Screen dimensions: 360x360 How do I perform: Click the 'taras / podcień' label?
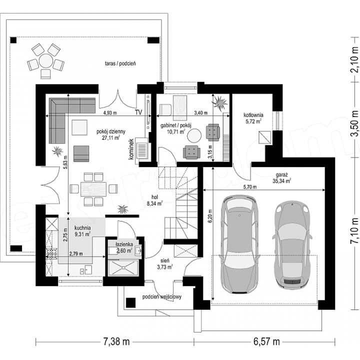click(120, 63)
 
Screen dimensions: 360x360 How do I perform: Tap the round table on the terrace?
click(45, 60)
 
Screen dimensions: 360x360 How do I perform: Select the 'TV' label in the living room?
click(138, 112)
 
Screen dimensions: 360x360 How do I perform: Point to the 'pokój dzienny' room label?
click(111, 131)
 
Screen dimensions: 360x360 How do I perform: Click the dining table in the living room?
click(93, 189)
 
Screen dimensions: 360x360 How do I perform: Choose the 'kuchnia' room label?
click(82, 228)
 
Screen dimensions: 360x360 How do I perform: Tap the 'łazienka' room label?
click(124, 244)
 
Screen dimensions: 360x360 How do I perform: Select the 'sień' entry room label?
click(165, 260)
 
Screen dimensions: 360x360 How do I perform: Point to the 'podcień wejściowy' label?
click(162, 297)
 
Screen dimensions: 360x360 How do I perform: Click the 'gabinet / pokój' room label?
click(176, 125)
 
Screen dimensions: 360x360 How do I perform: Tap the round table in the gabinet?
click(194, 135)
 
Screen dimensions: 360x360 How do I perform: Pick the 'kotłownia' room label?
click(253, 115)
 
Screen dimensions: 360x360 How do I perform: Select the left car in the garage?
click(239, 244)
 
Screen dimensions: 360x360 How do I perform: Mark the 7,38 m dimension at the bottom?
click(116, 341)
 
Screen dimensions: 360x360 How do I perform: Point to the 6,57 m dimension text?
click(267, 341)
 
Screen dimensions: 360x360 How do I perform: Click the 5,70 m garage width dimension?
click(250, 187)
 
